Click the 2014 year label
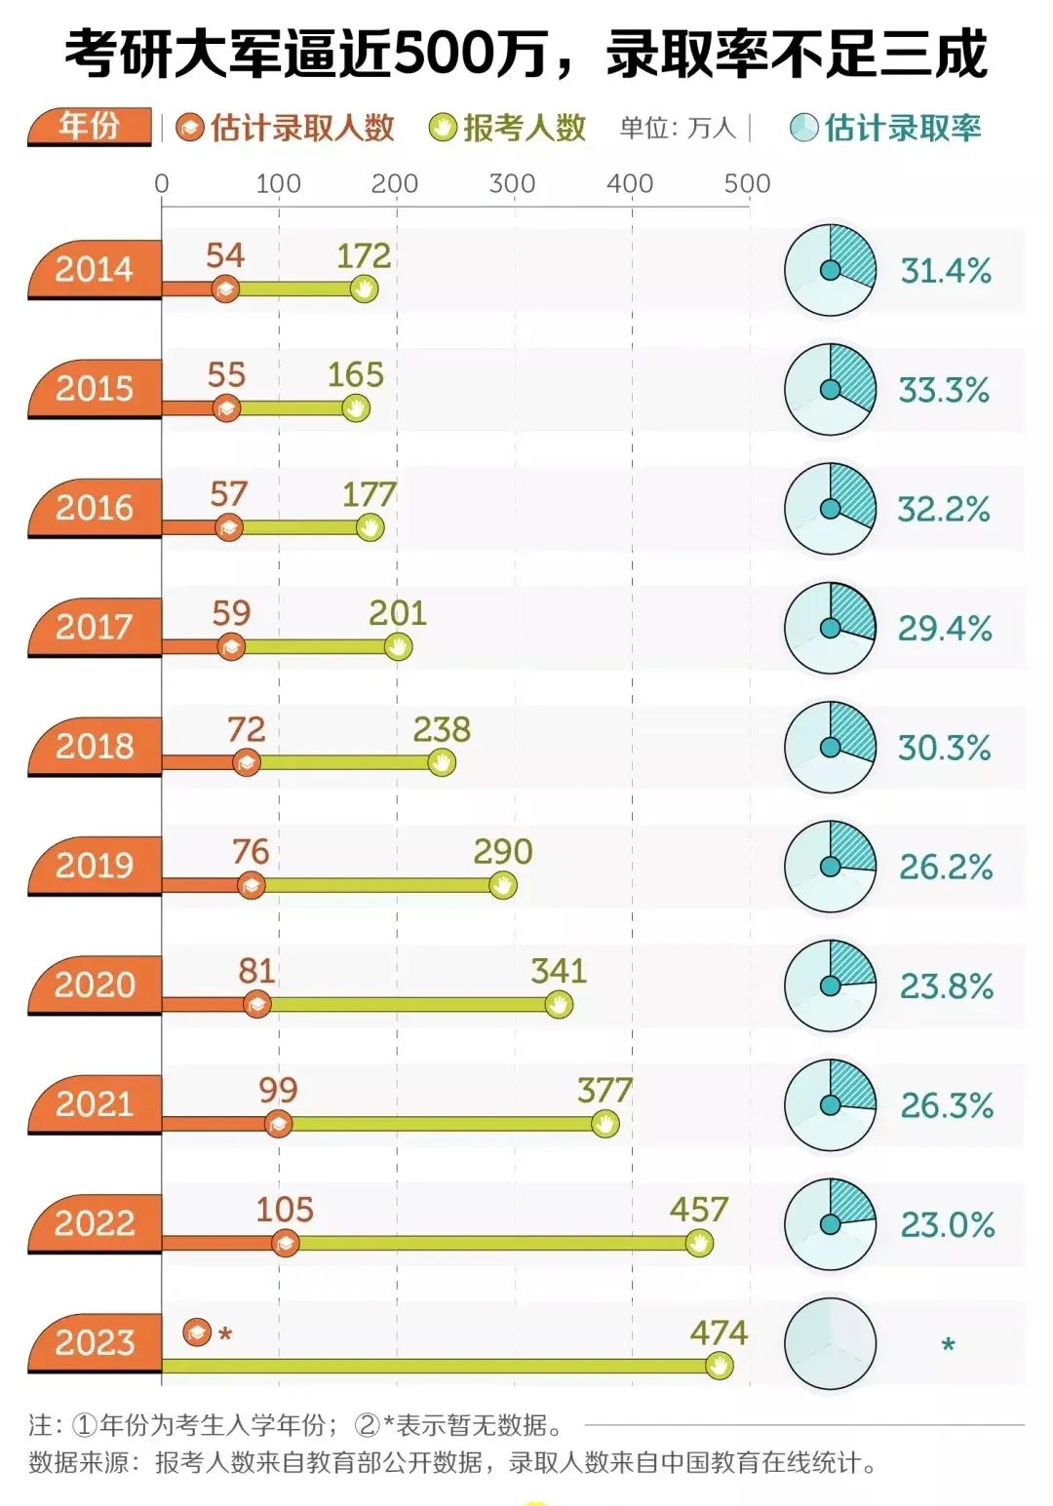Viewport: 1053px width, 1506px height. [x=94, y=269]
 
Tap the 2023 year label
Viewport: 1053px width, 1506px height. [x=94, y=1342]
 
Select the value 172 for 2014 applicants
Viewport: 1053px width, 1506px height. [x=364, y=256]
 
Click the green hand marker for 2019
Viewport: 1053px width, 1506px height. [x=502, y=885]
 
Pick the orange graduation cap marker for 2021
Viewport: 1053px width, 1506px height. [x=278, y=1124]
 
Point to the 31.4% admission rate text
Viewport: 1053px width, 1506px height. [x=945, y=271]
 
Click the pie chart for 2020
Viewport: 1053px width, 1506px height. [x=830, y=985]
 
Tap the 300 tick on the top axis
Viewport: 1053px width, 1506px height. [x=512, y=183]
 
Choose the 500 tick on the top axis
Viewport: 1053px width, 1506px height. [x=747, y=183]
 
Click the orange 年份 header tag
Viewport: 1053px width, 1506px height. [x=90, y=127]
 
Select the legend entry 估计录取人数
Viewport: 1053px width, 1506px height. [x=287, y=128]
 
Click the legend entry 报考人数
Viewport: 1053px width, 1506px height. [x=509, y=128]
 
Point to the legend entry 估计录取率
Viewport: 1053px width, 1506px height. [x=886, y=128]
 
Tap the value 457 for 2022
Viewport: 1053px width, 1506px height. [x=698, y=1210]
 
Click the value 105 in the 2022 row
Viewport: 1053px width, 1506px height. [x=284, y=1210]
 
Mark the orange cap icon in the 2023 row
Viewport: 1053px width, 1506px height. [x=197, y=1332]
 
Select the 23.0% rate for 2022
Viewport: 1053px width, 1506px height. [x=947, y=1225]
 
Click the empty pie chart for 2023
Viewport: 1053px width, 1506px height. [x=830, y=1344]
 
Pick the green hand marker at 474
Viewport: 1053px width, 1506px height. [x=719, y=1366]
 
